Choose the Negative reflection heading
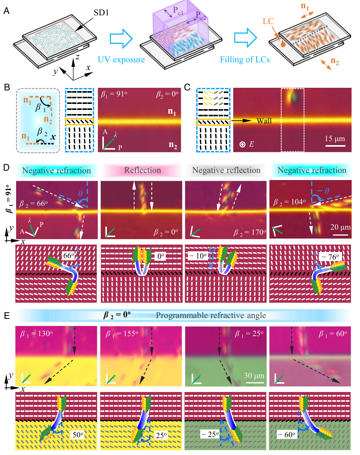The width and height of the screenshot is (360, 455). pyautogui.click(x=226, y=170)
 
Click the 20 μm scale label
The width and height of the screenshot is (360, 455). pyautogui.click(x=339, y=227)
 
